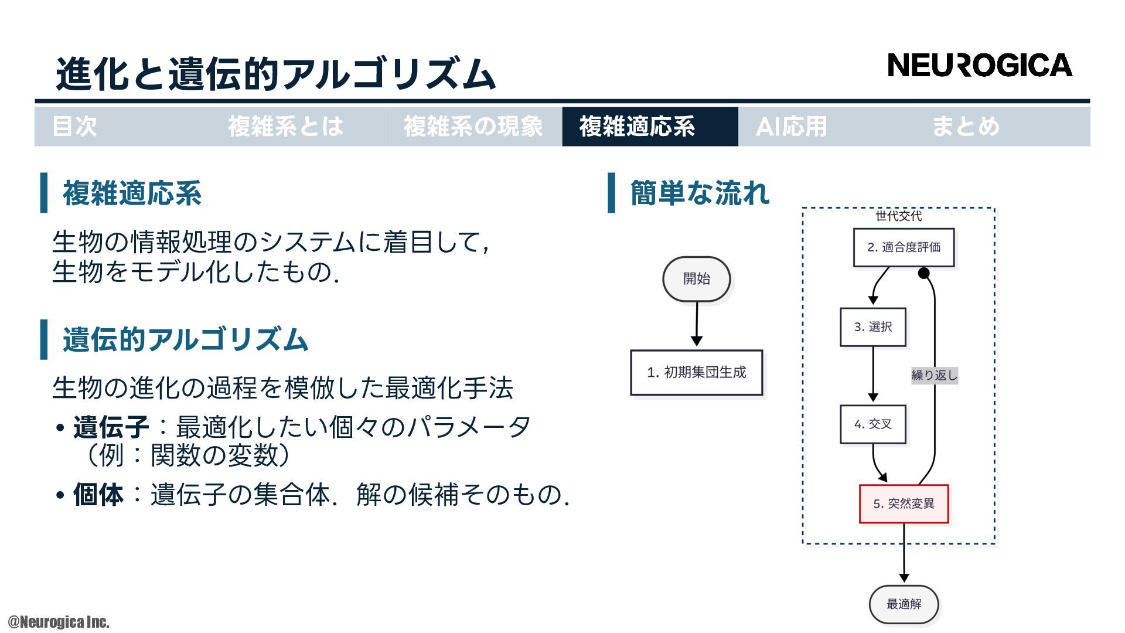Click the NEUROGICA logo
pos(980,65)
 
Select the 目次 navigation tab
pos(74,127)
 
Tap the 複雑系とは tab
pos(285,127)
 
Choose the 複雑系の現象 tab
pos(473,127)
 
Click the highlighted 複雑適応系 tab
pos(637,127)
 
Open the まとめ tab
pos(966,127)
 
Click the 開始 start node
pos(696,279)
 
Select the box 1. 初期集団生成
pos(696,373)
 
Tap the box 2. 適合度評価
pos(904,247)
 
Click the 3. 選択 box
pos(872,327)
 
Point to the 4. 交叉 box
pos(872,424)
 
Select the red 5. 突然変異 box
pos(904,503)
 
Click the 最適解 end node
pos(904,604)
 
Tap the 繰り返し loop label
pos(934,375)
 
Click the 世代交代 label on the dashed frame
pos(898,216)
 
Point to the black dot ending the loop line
pos(924,273)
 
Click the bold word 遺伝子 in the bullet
pos(111,427)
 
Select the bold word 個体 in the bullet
pos(98,495)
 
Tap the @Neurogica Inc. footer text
pos(59,622)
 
